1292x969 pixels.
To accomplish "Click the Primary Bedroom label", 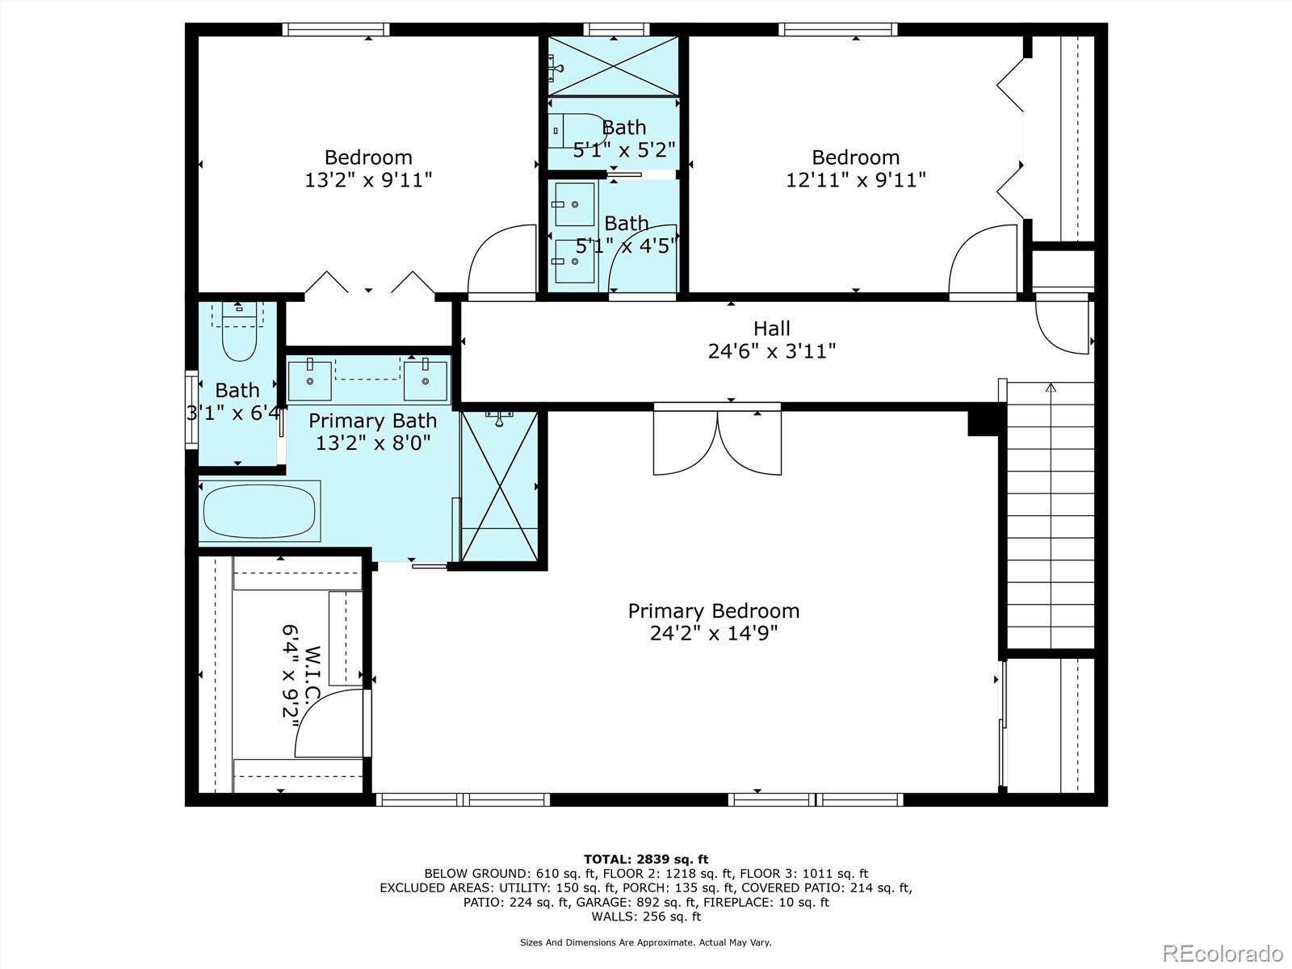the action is [713, 610].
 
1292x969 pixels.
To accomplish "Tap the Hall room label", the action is [772, 329].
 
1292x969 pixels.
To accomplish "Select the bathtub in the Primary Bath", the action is [259, 510].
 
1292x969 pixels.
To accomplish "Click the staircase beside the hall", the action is [1051, 516].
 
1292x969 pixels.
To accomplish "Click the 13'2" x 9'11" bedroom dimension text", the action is [368, 179].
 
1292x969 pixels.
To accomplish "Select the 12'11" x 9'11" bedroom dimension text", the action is [856, 179].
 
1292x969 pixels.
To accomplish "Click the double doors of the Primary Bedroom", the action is [718, 441].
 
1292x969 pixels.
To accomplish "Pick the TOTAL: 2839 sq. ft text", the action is [646, 859].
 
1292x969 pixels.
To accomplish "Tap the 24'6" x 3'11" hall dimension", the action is [772, 351].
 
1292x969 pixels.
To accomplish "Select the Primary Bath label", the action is [372, 421].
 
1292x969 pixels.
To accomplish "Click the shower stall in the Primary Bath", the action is [500, 487].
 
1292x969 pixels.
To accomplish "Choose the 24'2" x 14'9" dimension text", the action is [713, 633].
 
